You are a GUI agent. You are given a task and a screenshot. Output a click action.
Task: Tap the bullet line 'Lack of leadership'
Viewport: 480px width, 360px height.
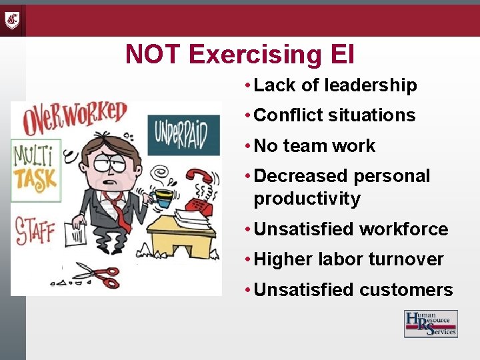click(335, 85)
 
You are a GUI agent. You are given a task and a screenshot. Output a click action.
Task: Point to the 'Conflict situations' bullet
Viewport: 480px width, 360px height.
click(335, 115)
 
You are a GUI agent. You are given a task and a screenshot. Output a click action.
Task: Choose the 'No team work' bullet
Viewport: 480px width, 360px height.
click(315, 146)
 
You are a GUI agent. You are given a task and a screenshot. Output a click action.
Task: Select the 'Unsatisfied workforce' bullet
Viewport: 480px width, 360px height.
click(351, 229)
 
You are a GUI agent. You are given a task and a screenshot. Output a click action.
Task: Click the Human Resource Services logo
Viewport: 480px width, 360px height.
click(431, 324)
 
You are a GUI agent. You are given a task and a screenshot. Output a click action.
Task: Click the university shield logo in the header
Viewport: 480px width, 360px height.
click(12, 20)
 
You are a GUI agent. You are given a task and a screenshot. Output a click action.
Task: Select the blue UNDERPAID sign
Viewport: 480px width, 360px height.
click(182, 134)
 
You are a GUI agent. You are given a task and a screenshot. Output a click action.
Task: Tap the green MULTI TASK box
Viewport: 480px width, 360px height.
click(36, 171)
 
